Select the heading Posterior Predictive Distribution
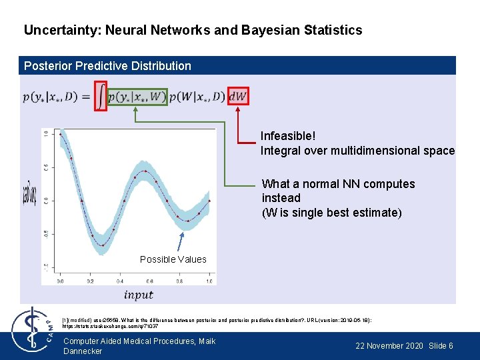tap(107, 66)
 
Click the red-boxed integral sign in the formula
tap(100, 95)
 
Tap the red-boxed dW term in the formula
tap(238, 97)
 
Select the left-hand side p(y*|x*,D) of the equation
tap(51, 97)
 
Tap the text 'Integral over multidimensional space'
tap(357, 151)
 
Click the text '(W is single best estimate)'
tap(332, 213)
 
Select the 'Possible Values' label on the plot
tap(173, 259)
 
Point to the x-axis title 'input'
tap(139, 295)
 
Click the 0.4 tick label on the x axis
tap(120, 281)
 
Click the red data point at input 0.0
tap(61, 134)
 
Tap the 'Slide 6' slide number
tap(441, 346)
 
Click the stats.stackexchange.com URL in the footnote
tap(110, 327)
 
